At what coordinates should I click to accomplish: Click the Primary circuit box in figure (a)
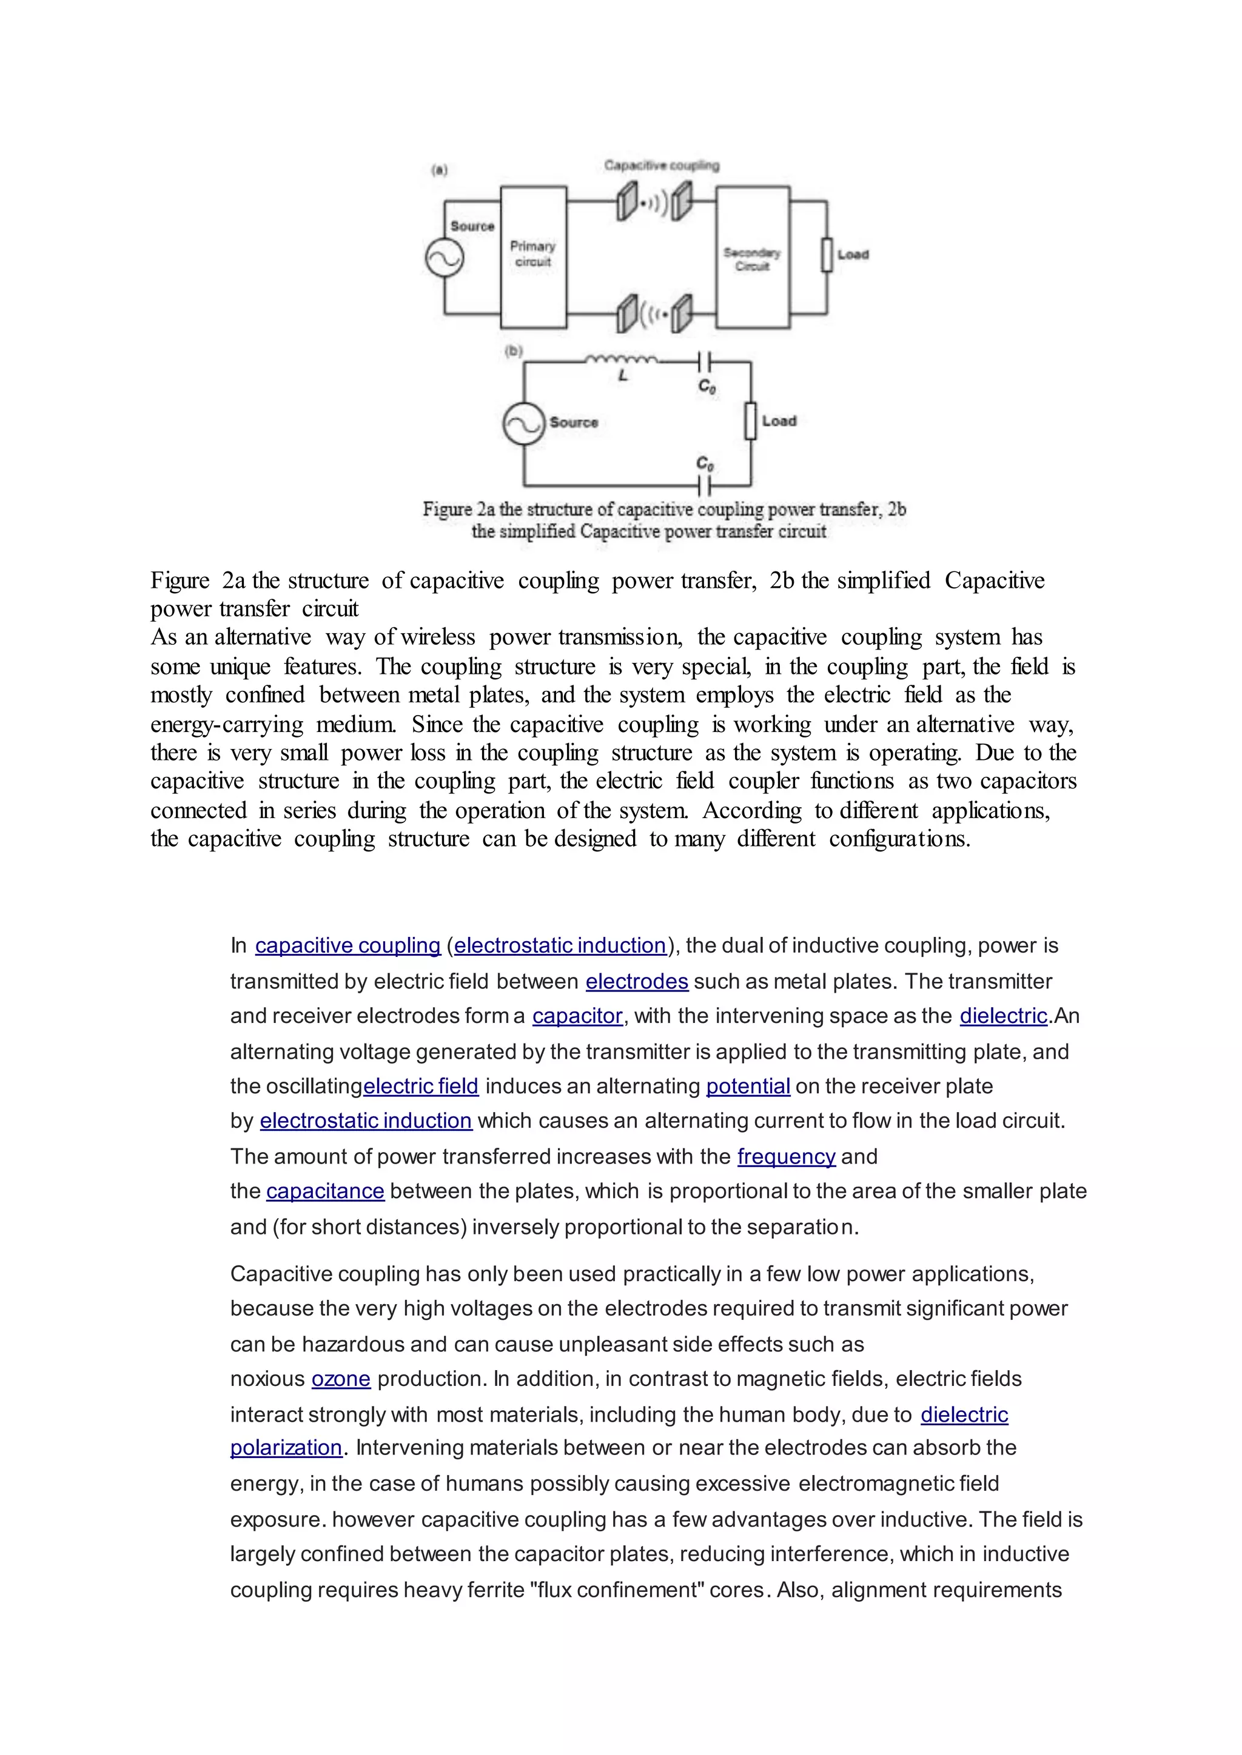pyautogui.click(x=533, y=257)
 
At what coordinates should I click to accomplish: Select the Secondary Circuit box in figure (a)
pyautogui.click(x=753, y=258)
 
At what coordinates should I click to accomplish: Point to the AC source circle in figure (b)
pyautogui.click(x=523, y=424)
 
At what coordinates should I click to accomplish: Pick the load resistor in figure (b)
pyautogui.click(x=750, y=421)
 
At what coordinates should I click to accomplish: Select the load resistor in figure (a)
pyautogui.click(x=827, y=255)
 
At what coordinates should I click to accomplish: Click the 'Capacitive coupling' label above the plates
pyautogui.click(x=662, y=165)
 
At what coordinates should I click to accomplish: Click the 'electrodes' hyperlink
pyautogui.click(x=636, y=982)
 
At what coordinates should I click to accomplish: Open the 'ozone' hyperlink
pyautogui.click(x=340, y=1379)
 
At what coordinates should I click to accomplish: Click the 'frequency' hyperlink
pyautogui.click(x=786, y=1156)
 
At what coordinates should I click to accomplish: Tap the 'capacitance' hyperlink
pyautogui.click(x=325, y=1191)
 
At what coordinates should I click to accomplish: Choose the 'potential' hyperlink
pyautogui.click(x=747, y=1086)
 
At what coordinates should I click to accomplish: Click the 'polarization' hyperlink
pyautogui.click(x=286, y=1448)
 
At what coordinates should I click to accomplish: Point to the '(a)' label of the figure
pyautogui.click(x=440, y=170)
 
